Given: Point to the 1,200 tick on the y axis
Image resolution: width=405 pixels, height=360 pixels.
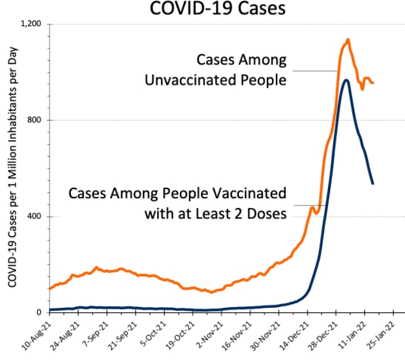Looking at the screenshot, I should (31, 24).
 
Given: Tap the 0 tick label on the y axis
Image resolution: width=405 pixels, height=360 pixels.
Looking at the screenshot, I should (40, 312).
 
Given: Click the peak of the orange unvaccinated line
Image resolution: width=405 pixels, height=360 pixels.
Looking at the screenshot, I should (348, 40).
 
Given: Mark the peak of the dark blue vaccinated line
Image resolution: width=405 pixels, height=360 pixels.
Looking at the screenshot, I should (346, 80).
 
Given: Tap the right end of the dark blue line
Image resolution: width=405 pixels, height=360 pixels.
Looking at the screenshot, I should (372, 183).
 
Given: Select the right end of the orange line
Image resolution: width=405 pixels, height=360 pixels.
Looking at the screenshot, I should (372, 82).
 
